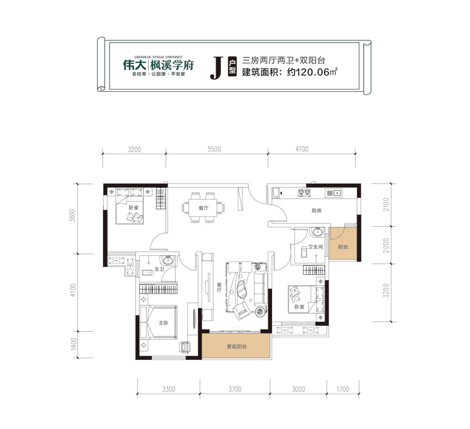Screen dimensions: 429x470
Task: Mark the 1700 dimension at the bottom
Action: coord(342,390)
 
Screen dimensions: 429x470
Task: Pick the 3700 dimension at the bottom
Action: coord(234,390)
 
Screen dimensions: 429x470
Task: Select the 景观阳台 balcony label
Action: coord(236,347)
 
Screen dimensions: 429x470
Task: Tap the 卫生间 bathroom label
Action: coord(315,248)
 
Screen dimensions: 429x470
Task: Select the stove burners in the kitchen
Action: coord(303,193)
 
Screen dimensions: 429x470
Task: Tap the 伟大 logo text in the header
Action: coord(133,64)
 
